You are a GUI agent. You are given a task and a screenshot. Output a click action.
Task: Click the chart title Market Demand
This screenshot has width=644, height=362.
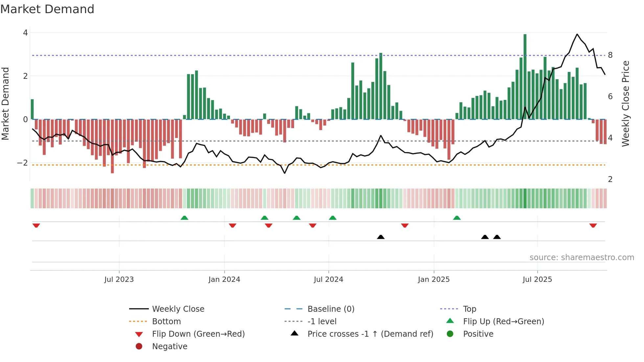coord(47,9)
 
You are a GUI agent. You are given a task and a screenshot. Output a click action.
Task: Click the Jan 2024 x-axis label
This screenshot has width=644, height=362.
coord(224,280)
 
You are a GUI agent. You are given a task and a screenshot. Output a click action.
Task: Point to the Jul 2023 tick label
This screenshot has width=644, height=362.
coord(119,280)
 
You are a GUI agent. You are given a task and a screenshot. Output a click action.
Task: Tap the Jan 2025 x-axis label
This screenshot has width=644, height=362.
coord(433,280)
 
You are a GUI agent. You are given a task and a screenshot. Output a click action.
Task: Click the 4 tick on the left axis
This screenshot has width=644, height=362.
coord(25,33)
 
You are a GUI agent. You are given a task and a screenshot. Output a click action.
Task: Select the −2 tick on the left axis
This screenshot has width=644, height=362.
coord(22,163)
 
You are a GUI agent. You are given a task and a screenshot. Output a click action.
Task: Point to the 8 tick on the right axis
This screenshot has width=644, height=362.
coord(610,55)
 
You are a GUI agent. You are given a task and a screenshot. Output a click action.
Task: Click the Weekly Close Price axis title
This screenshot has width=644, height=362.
coord(626,103)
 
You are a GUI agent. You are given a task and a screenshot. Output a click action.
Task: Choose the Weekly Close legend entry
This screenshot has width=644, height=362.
coord(178,309)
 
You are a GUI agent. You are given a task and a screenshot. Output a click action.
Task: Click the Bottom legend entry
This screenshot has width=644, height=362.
coord(166,322)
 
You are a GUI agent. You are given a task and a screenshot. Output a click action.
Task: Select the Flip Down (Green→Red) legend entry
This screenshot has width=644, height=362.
coord(198,334)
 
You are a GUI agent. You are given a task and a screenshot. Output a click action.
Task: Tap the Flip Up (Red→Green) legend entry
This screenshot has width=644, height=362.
coord(503,322)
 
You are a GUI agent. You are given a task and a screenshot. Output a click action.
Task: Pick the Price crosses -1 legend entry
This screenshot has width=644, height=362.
coord(370,334)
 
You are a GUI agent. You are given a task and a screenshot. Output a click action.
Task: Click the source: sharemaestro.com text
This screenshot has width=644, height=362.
coord(582,258)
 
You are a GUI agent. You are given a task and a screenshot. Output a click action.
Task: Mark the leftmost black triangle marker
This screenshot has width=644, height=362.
coord(380,237)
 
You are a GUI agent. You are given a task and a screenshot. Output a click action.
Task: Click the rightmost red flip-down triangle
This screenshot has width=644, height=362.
coord(593,226)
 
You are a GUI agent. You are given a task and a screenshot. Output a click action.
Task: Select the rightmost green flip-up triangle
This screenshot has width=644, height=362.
coord(457,218)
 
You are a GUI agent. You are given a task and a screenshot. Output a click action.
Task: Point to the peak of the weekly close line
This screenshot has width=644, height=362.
coord(577,34)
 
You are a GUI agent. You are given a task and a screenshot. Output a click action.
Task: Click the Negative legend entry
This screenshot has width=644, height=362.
coord(170,347)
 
